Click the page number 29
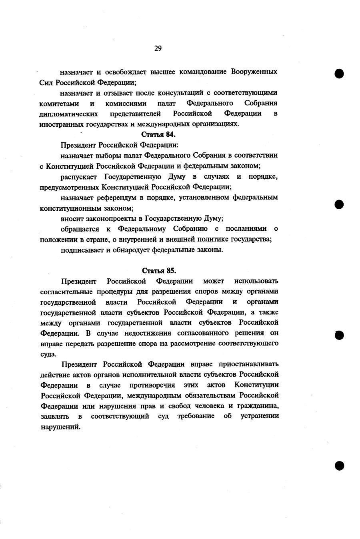(x=158, y=49)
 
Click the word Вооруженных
(x=254, y=72)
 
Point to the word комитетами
(x=59, y=104)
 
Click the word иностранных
(x=59, y=124)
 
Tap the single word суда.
(x=48, y=354)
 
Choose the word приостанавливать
(x=248, y=364)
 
